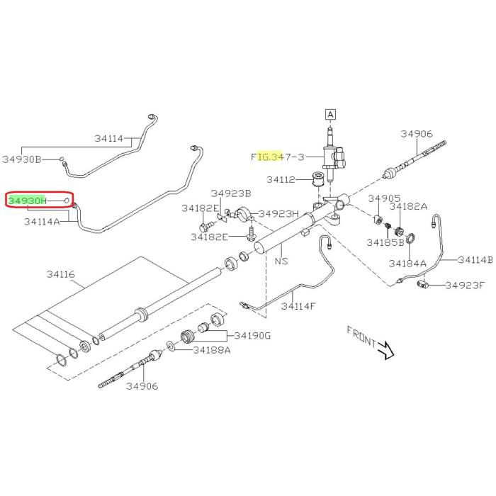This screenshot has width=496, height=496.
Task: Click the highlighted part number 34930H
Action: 28,201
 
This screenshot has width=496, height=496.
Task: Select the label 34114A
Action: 41,222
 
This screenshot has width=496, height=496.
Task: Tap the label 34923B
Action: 231,193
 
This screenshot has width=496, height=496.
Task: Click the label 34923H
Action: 278,213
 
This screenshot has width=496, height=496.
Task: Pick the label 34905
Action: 384,198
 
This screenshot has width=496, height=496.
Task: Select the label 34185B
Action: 385,242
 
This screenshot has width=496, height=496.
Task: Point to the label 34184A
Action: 407,263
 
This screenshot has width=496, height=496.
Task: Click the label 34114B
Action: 475,259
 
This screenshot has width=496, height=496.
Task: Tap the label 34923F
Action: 465,286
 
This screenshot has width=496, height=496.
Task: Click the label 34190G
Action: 252,335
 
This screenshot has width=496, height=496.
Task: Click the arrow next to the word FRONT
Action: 385,348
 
